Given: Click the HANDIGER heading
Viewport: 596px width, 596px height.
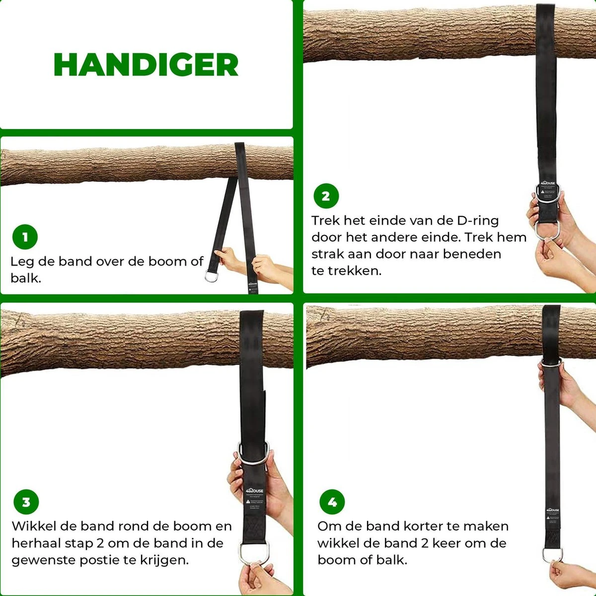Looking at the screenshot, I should click(x=146, y=65).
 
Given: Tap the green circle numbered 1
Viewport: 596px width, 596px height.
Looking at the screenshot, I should click(x=25, y=237).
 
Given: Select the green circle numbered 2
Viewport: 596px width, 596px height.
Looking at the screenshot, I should click(x=326, y=196).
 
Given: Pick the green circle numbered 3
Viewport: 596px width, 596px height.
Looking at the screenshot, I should click(x=26, y=502).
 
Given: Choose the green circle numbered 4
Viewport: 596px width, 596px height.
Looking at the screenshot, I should click(x=332, y=502).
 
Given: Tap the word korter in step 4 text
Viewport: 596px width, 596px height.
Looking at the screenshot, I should click(x=424, y=526).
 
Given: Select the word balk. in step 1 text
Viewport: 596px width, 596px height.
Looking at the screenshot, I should click(x=25, y=278).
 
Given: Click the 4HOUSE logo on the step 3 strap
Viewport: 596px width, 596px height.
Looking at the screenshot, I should click(x=255, y=491).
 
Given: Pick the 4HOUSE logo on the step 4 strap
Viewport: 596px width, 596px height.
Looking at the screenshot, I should click(x=552, y=510).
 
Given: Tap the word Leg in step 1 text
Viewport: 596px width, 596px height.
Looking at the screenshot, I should click(x=22, y=262).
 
